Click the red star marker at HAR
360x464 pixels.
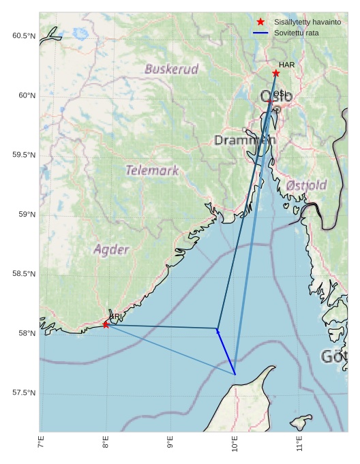tap(276, 73)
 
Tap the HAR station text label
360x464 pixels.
tap(286, 65)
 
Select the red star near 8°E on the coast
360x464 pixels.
tap(106, 324)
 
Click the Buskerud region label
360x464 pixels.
tap(172, 69)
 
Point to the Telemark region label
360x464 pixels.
tap(152, 170)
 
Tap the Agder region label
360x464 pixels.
tap(111, 249)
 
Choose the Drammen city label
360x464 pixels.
tap(245, 140)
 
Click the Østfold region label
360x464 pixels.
tap(307, 185)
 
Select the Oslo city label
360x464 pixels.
tap(276, 96)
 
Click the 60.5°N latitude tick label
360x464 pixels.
tap(24, 35)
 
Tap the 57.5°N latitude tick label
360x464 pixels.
tap(24, 393)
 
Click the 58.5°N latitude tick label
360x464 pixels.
tap(24, 274)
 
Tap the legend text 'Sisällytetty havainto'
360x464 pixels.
tap(307, 22)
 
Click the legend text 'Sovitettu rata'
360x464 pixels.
tap(297, 33)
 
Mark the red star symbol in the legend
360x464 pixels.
tap(260, 22)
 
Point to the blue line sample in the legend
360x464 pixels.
tap(260, 33)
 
